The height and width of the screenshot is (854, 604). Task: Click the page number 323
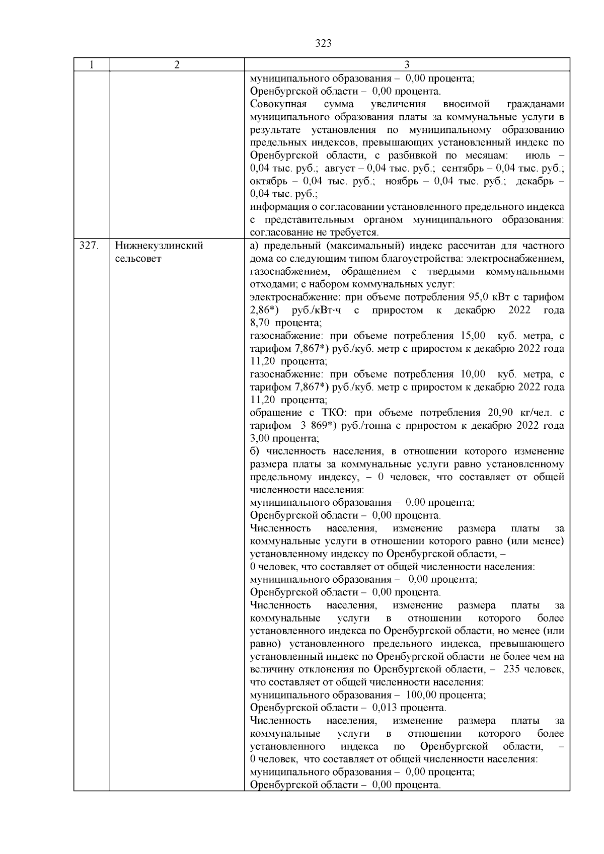[x=324, y=43]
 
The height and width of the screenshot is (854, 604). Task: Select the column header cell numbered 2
[x=177, y=65]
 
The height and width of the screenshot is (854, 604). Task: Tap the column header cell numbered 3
[x=407, y=65]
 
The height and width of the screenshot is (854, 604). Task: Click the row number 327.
[x=89, y=246]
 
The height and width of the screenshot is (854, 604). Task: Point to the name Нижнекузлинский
[x=159, y=246]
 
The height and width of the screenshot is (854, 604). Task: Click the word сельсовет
[x=138, y=259]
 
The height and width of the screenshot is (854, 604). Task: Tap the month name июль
[x=537, y=155]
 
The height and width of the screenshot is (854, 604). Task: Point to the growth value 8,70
[x=262, y=323]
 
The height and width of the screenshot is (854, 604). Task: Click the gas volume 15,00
[x=473, y=336]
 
